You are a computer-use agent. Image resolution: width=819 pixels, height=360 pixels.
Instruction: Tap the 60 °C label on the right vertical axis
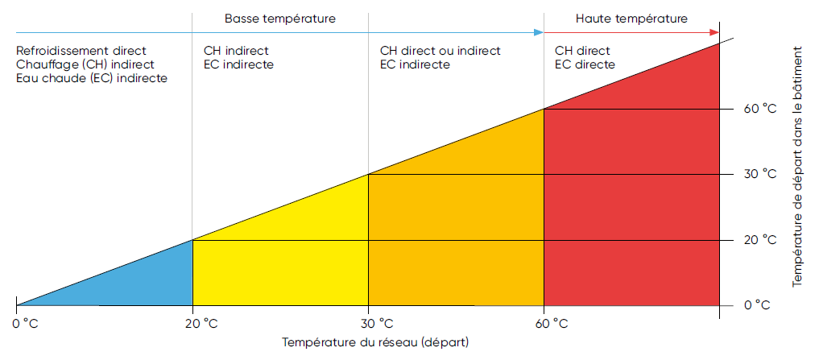(x=759, y=109)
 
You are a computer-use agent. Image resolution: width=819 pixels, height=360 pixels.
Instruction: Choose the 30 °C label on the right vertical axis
(x=759, y=174)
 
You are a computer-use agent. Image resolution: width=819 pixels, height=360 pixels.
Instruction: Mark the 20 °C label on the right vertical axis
(x=759, y=240)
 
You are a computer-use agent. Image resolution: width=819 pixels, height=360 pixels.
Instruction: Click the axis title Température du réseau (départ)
(x=375, y=341)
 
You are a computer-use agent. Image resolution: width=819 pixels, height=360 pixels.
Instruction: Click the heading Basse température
(x=280, y=17)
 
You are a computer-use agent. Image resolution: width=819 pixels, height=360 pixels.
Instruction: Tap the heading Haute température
(x=632, y=17)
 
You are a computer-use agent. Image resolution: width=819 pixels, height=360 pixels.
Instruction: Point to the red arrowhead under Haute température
(x=714, y=32)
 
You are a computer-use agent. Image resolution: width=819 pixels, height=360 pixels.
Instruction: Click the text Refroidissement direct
(x=81, y=51)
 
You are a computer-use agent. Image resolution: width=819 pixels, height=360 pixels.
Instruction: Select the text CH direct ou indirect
(x=440, y=51)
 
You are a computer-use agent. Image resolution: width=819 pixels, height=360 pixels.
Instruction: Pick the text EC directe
(x=585, y=64)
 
